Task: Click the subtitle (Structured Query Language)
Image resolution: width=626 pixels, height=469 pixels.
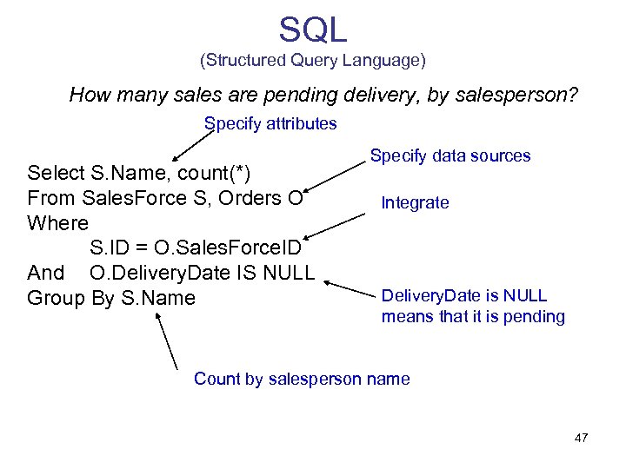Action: (313, 61)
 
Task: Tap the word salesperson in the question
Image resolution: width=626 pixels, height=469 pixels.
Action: (516, 95)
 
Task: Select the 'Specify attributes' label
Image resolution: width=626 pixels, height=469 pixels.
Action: (270, 123)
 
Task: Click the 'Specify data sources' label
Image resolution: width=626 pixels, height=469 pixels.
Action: (450, 156)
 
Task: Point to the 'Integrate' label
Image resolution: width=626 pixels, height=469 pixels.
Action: (415, 203)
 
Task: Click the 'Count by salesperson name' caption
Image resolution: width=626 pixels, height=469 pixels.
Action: (302, 379)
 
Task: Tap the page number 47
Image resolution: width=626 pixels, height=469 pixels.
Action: (581, 438)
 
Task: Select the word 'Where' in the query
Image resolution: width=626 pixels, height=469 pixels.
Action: (58, 223)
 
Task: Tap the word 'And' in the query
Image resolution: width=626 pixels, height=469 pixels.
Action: (45, 273)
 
